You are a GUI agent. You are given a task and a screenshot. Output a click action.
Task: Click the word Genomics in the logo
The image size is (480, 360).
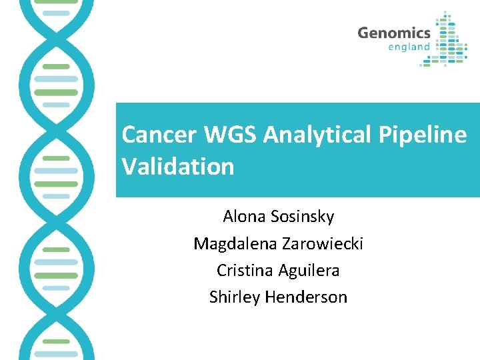tap(393, 33)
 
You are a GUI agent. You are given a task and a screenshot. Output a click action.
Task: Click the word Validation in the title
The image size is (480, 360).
tap(178, 166)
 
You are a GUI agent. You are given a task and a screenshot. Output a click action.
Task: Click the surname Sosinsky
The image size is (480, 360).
tap(303, 217)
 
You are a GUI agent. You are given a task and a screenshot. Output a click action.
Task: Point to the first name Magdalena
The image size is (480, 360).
tap(235, 244)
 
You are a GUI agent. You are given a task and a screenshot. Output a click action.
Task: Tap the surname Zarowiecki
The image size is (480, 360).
tap(323, 244)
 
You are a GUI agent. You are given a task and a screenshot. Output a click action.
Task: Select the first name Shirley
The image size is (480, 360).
tap(235, 297)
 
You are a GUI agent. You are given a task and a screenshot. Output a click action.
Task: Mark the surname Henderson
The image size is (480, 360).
tap(307, 297)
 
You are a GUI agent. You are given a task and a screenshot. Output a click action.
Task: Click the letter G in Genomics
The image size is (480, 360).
tap(363, 33)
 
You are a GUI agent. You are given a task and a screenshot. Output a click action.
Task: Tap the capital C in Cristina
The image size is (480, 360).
tap(221, 271)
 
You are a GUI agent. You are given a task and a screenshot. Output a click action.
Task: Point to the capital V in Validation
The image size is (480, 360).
tap(129, 166)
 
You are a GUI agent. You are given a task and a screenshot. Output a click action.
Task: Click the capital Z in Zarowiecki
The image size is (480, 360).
tap(286, 244)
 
